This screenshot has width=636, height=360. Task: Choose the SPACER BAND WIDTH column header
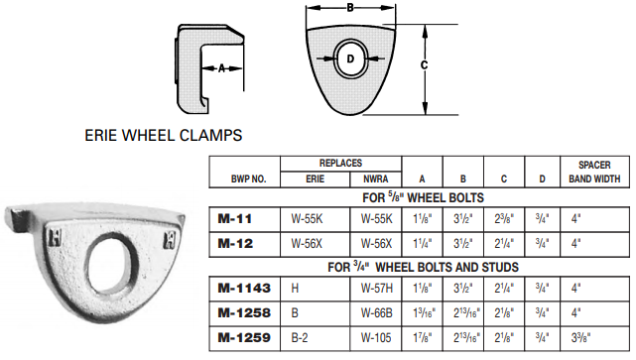(x=593, y=172)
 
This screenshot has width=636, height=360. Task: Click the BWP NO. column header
(x=242, y=180)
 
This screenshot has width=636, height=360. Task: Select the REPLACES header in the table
(x=340, y=163)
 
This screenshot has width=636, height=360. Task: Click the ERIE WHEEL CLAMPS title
(x=165, y=132)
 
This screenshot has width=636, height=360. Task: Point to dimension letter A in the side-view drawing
(x=222, y=67)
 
